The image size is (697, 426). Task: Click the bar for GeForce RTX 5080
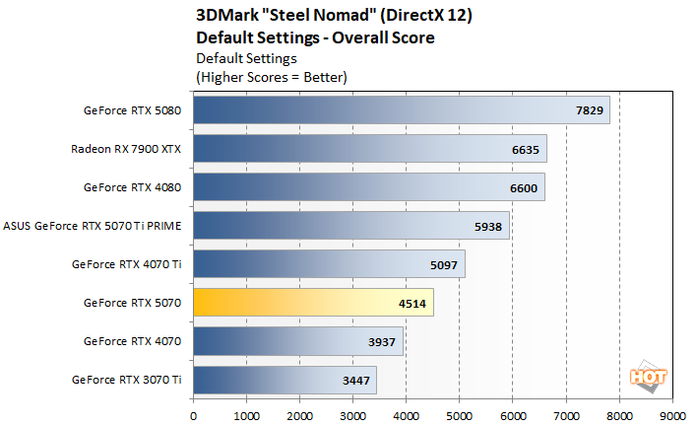(402, 110)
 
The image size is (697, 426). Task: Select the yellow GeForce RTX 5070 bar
(313, 303)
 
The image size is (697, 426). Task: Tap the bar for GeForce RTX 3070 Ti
(285, 380)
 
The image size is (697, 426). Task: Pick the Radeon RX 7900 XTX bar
(369, 149)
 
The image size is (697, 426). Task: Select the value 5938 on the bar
(489, 226)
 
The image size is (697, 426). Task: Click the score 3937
(383, 341)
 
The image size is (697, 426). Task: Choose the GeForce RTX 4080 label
(133, 187)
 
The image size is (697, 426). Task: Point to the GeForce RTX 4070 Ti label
(127, 264)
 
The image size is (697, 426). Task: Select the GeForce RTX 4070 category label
(133, 341)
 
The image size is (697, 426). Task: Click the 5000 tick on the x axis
(460, 415)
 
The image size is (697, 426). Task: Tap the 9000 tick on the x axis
(672, 415)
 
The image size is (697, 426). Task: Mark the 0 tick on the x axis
(194, 415)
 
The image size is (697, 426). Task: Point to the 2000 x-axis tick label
(300, 415)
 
